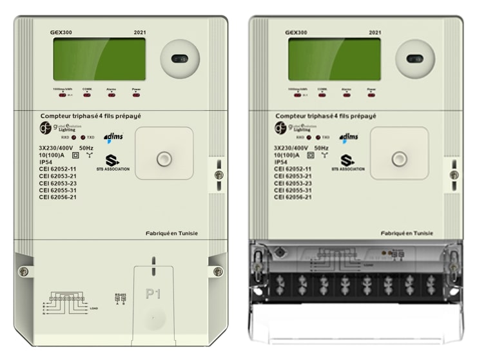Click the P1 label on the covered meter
(153, 294)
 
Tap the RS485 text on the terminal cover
(120, 296)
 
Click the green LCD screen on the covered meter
(99, 60)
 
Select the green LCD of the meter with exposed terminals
(334, 60)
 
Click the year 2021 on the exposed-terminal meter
(375, 32)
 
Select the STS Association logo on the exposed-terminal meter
(348, 162)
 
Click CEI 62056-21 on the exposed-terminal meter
(293, 197)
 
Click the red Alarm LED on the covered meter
(112, 95)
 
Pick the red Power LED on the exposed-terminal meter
(371, 95)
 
